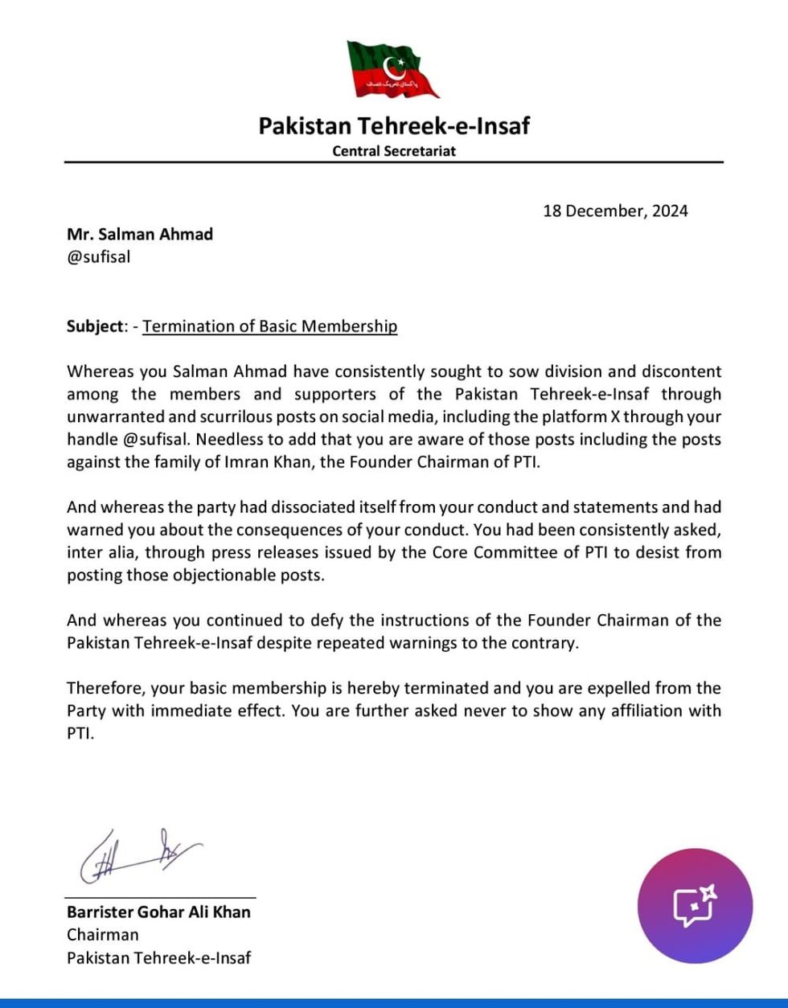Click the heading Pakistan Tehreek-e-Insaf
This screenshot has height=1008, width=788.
(394, 126)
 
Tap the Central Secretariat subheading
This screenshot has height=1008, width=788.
(394, 150)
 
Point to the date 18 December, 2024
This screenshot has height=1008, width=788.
(615, 211)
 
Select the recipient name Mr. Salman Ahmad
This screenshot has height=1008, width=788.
(140, 234)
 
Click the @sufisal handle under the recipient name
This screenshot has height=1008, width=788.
(98, 258)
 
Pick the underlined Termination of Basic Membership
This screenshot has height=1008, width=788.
(270, 326)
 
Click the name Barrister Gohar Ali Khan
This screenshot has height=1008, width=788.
(158, 912)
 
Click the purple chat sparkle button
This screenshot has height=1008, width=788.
(695, 906)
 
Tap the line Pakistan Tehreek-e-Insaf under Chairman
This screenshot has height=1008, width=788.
(158, 957)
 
